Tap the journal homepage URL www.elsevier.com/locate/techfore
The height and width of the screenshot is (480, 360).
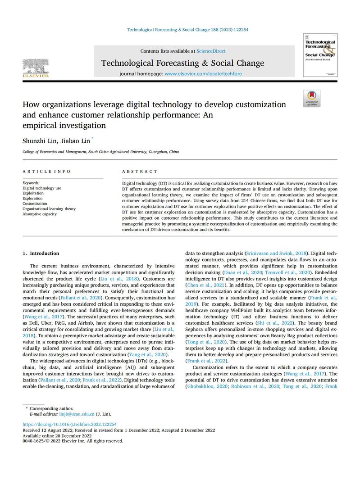point(203,73)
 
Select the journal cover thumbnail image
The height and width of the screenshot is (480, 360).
point(321,55)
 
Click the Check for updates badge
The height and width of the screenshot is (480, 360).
point(312,98)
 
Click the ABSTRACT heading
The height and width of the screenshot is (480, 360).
point(140,172)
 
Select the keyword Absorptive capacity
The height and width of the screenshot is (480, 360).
point(40,214)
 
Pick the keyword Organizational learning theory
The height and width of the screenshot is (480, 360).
point(49,209)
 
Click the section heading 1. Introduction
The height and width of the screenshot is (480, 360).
point(41,254)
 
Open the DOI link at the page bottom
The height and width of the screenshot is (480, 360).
point(69,424)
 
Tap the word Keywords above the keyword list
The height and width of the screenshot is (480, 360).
point(31,183)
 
